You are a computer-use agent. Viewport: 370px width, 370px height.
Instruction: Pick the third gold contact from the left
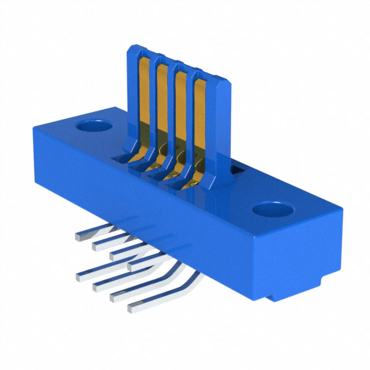182,116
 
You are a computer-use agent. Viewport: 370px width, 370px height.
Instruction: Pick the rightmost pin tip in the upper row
132,266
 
